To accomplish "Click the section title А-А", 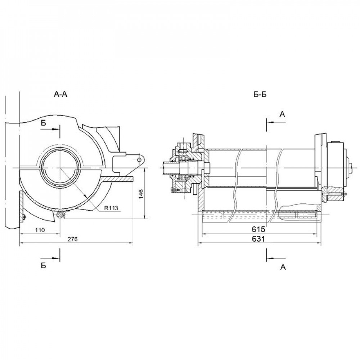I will (x=60, y=95).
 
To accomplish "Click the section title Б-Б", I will (x=260, y=95).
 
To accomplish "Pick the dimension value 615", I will (x=258, y=229).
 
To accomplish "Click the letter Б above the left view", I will (x=44, y=122).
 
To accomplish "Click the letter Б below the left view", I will (x=43, y=266).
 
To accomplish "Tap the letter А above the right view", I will (x=283, y=114).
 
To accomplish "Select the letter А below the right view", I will (x=283, y=267).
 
